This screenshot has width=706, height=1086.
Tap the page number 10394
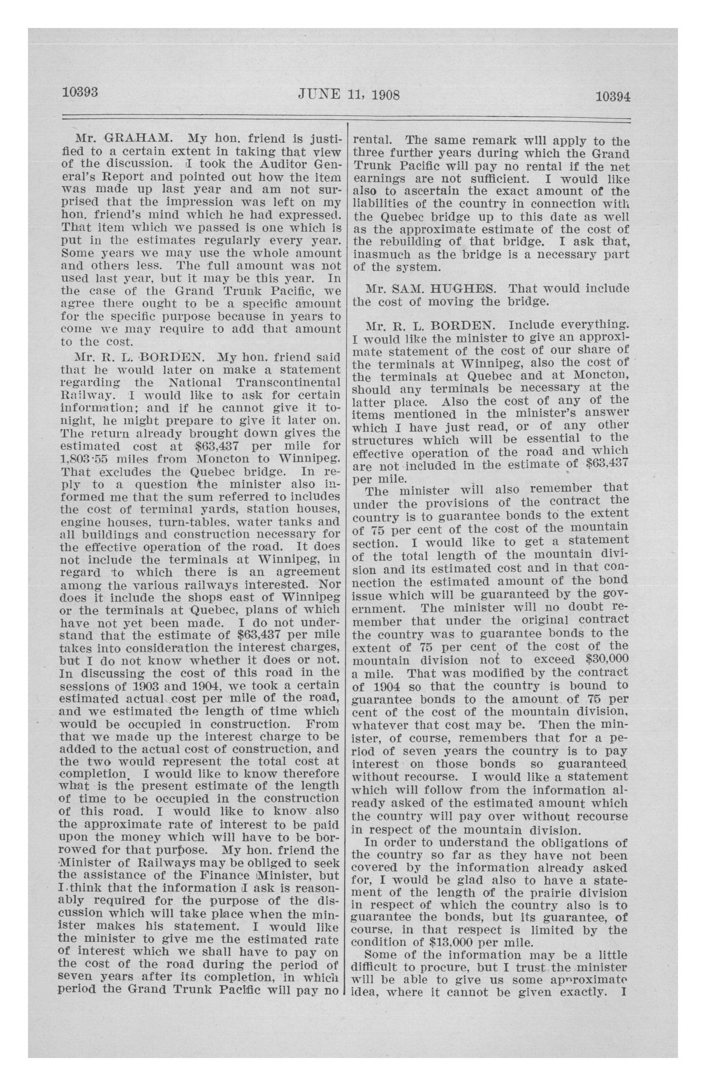pos(612,97)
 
